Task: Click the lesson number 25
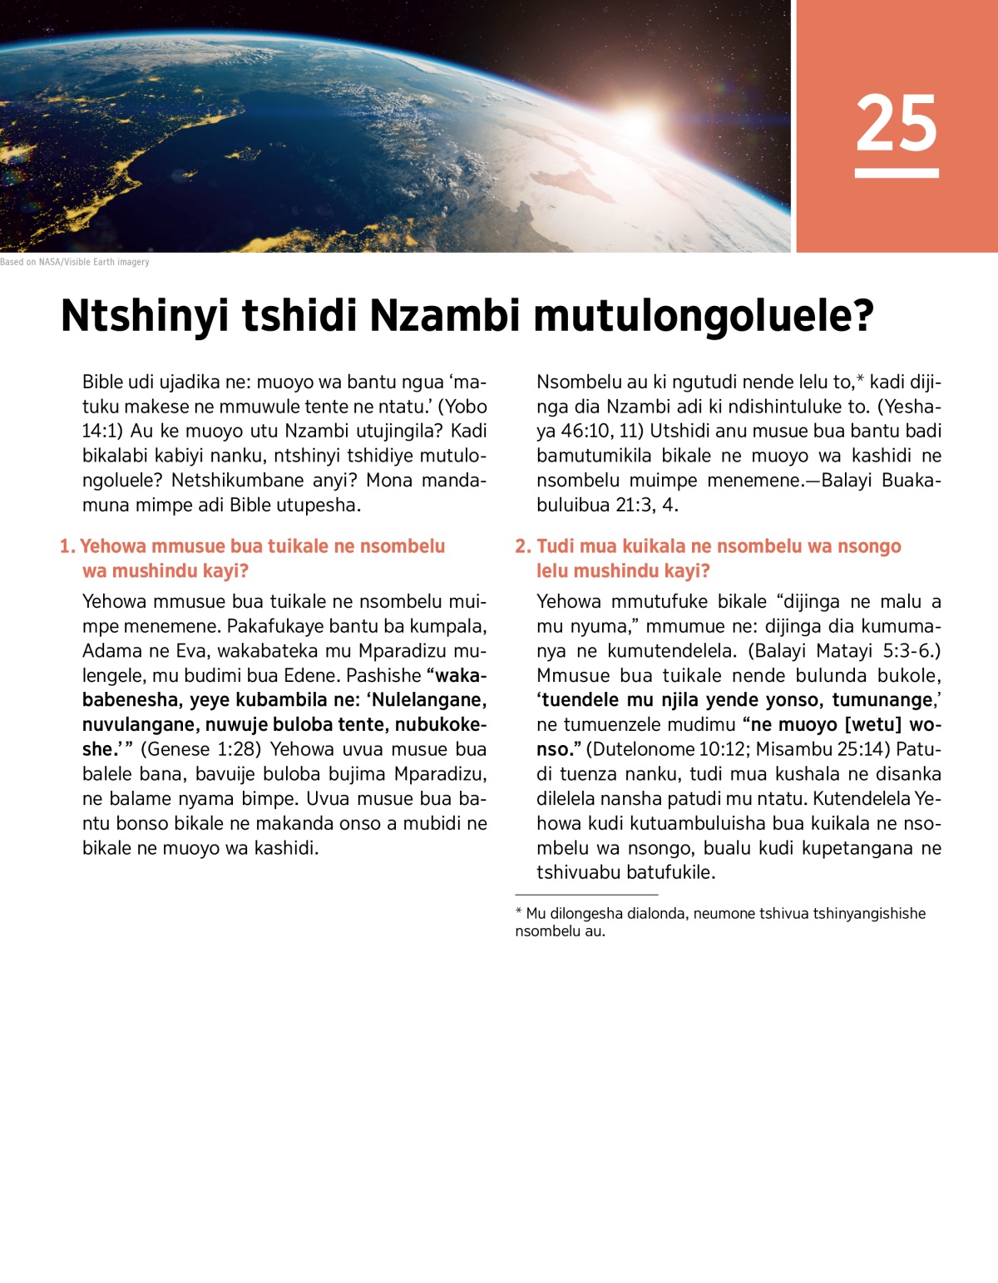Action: tap(897, 123)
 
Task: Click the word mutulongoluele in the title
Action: tap(703, 317)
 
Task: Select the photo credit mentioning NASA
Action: tap(75, 262)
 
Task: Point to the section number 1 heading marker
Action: tap(67, 546)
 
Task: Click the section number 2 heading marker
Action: tap(522, 546)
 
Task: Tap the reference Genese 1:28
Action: tap(200, 749)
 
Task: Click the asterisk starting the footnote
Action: tap(519, 913)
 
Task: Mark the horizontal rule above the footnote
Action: tap(586, 895)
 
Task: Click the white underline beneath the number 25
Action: tap(897, 173)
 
